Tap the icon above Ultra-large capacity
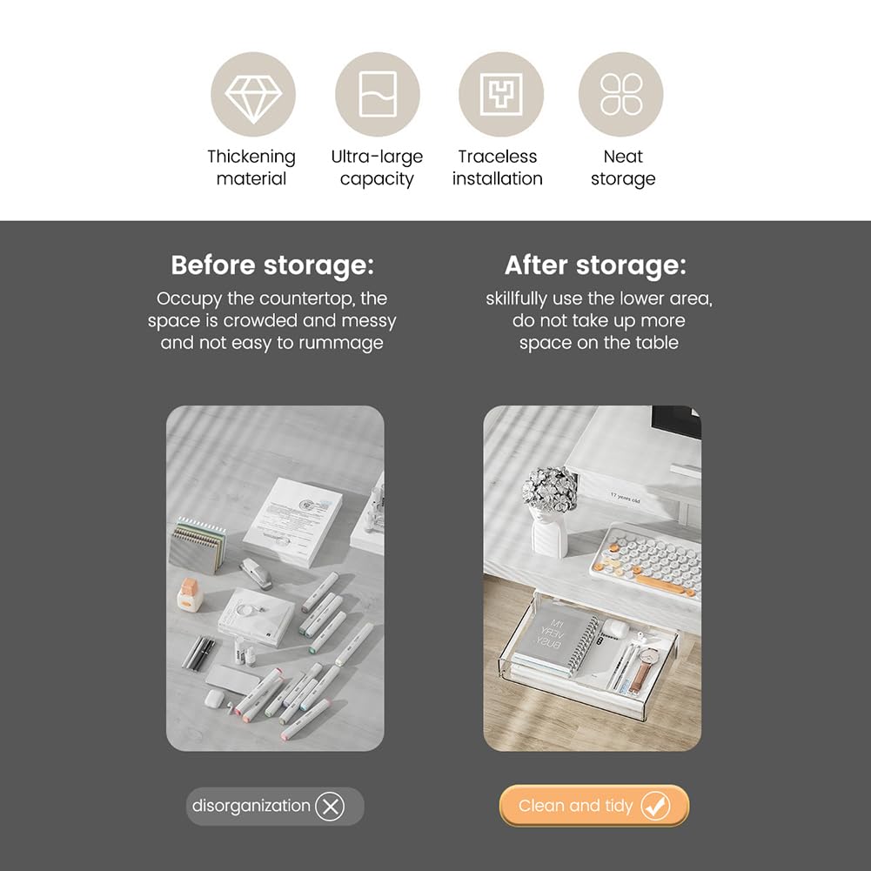[x=378, y=94]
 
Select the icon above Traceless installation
[x=501, y=94]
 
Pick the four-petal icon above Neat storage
[x=621, y=94]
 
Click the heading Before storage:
[x=272, y=265]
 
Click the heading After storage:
[x=595, y=265]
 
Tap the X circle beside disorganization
[x=330, y=806]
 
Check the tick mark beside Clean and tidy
[x=655, y=806]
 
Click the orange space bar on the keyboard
[x=661, y=586]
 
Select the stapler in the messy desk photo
[x=257, y=573]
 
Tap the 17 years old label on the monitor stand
[x=625, y=499]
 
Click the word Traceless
[x=498, y=157]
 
